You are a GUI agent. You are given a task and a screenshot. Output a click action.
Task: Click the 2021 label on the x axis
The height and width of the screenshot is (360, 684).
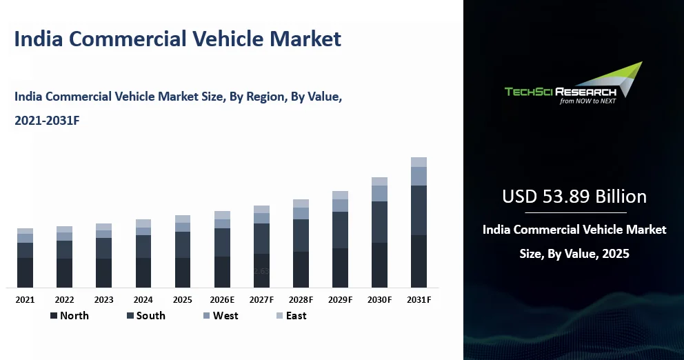click(25, 300)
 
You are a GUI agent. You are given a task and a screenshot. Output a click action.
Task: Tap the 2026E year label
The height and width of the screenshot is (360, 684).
click(222, 300)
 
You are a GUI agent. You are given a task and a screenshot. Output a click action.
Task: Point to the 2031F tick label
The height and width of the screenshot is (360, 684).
click(419, 300)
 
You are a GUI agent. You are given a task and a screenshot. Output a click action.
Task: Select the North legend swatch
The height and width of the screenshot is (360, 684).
click(54, 316)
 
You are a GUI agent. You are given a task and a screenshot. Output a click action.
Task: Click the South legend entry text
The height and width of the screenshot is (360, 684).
click(150, 316)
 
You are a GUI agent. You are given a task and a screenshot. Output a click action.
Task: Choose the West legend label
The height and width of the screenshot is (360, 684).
click(225, 316)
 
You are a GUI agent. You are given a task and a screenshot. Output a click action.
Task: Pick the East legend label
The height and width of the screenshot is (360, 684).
click(296, 316)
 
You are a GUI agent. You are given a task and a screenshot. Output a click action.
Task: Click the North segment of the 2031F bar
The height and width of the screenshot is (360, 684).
click(419, 261)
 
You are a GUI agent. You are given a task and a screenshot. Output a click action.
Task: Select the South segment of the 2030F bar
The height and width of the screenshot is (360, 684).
click(379, 222)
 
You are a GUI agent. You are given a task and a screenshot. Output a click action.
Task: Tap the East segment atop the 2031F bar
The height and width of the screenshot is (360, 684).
click(419, 162)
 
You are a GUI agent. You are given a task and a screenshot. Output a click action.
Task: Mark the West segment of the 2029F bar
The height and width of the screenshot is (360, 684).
click(340, 206)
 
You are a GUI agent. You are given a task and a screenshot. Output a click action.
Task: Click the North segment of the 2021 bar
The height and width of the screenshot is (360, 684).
click(25, 272)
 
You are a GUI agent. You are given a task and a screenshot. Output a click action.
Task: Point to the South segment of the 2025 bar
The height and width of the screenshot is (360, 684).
click(183, 245)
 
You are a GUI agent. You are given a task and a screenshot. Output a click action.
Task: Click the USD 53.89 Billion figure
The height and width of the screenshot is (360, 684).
click(574, 197)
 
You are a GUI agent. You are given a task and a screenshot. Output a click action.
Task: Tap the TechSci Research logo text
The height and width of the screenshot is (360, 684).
click(560, 92)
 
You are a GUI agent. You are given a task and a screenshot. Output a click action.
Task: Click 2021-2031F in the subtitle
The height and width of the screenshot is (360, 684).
click(47, 121)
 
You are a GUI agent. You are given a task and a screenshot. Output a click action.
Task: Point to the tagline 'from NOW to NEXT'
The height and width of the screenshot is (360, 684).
click(587, 101)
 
